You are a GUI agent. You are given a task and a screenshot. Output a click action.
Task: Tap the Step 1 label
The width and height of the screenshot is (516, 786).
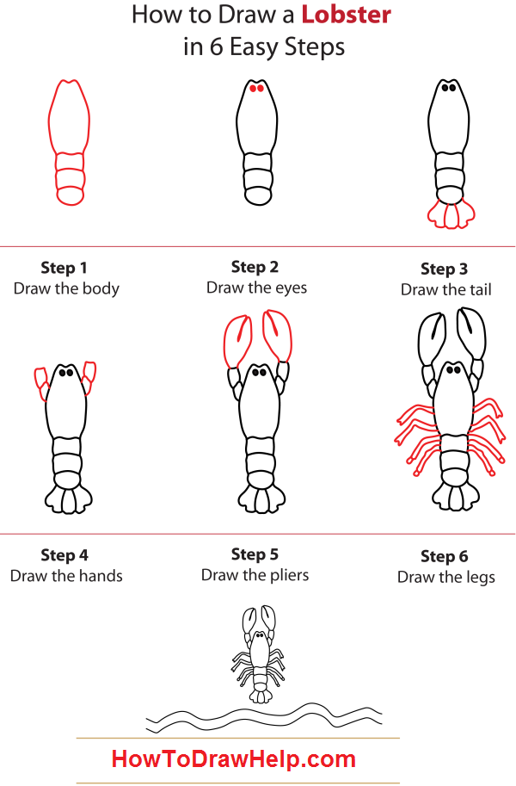(64, 268)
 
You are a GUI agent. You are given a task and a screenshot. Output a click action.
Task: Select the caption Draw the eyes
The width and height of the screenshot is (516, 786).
(256, 288)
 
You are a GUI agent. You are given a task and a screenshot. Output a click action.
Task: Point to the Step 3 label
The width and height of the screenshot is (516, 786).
(445, 269)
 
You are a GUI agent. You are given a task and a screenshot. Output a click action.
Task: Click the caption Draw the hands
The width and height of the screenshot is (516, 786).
(66, 576)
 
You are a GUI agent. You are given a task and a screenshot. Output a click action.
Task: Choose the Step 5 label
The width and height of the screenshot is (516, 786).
(255, 554)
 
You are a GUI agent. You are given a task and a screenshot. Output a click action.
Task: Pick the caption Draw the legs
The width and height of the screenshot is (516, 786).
(445, 577)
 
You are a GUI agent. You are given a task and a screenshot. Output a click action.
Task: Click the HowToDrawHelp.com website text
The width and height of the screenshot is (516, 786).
(233, 759)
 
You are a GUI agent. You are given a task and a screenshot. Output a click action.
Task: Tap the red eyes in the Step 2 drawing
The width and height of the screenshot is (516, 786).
(256, 88)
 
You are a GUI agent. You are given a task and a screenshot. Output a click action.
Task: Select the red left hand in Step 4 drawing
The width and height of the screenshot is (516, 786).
(41, 382)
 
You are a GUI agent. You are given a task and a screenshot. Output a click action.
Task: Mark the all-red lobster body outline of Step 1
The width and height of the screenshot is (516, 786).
(68, 142)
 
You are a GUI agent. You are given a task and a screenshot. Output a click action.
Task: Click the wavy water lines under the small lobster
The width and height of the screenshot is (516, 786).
(262, 716)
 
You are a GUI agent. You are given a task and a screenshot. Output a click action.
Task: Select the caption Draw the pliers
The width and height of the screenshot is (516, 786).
(255, 575)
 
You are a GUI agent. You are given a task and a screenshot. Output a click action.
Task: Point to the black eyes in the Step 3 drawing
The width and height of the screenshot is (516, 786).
(448, 87)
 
